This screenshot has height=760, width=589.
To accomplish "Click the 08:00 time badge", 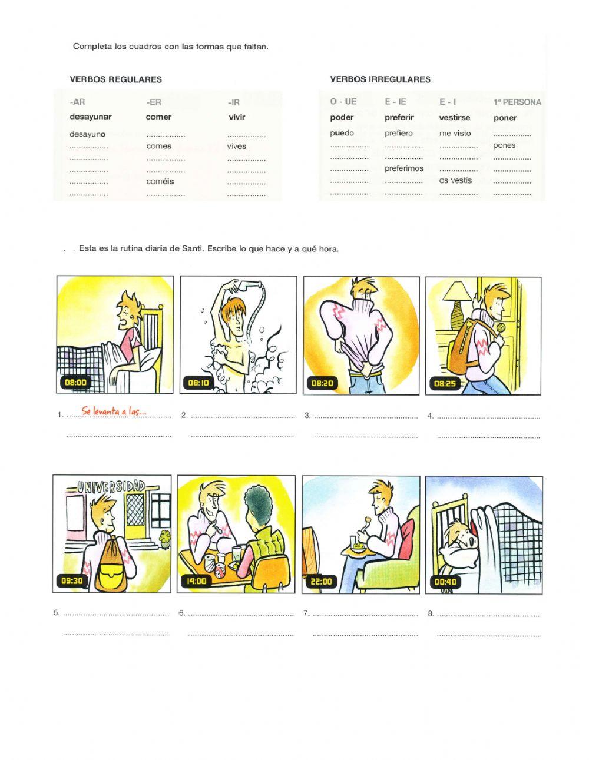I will [76, 383].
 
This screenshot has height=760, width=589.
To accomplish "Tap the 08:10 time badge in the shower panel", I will [198, 383].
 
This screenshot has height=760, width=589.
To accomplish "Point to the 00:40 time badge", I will [445, 582].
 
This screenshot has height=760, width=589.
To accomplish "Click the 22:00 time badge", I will [321, 582].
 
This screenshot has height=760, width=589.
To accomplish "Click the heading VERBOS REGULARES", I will [116, 79].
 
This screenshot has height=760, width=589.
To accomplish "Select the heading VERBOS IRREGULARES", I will [380, 79].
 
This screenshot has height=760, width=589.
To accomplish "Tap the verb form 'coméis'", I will [160, 181].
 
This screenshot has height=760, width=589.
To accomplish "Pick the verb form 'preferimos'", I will [403, 168].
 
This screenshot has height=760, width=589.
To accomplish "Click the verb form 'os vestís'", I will [455, 181].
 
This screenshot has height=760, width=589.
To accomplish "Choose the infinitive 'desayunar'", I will [90, 117].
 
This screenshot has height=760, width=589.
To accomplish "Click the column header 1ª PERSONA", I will [517, 102].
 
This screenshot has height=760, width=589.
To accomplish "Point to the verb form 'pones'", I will [504, 145].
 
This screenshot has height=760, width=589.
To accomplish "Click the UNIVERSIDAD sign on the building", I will [112, 486].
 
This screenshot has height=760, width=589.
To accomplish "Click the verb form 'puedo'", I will [342, 133].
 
